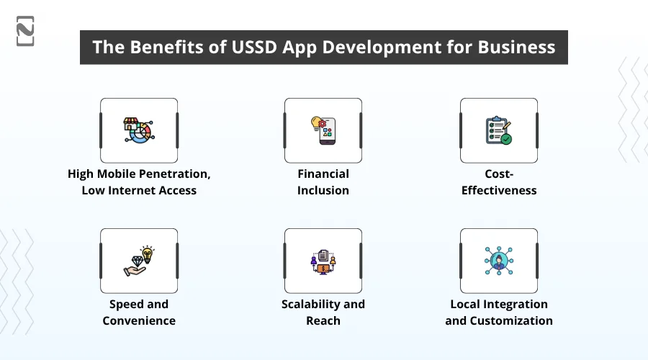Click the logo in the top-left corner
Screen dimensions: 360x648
click(25, 30)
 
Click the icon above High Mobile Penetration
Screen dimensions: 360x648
click(139, 130)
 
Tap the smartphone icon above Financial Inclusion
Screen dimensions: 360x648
click(323, 130)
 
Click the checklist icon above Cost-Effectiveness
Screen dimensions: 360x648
click(499, 130)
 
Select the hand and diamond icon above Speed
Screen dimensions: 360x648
click(139, 261)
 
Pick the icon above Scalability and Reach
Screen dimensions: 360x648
click(323, 261)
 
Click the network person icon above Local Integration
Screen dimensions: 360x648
click(499, 261)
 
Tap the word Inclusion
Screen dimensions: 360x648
click(323, 191)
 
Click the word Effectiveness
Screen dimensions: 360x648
click(499, 191)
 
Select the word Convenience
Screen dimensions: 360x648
click(139, 321)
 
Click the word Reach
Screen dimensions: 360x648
click(323, 321)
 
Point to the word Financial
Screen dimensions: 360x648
click(323, 174)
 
